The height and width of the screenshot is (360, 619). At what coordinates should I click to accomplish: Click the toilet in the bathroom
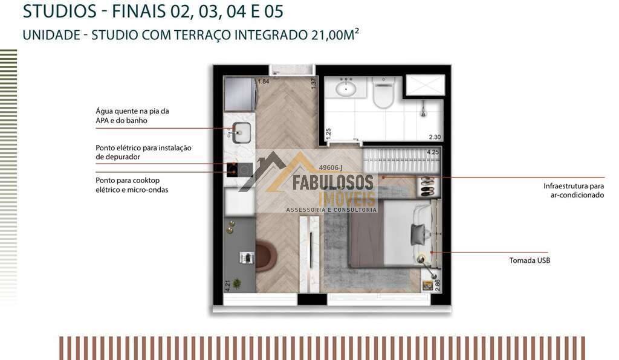click(383, 93)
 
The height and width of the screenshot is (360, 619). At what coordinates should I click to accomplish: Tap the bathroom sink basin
click(346, 88)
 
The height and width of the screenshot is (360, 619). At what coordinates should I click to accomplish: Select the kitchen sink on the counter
click(241, 132)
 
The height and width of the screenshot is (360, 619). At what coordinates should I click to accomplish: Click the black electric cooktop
click(239, 170)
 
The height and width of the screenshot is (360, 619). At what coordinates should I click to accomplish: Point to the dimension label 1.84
click(263, 82)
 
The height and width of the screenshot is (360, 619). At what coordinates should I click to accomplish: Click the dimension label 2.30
click(435, 137)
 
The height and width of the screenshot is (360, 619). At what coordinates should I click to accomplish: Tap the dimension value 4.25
click(433, 152)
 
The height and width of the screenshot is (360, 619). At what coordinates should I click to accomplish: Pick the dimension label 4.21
click(227, 286)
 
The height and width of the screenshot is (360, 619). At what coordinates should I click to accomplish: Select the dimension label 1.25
click(328, 134)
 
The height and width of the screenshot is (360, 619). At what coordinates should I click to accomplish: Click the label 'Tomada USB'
click(530, 260)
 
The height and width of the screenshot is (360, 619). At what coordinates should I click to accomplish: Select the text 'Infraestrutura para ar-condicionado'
click(574, 190)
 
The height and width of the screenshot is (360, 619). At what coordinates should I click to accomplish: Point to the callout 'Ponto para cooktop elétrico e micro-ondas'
click(132, 185)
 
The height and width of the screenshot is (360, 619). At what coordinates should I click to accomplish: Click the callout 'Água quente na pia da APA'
click(132, 115)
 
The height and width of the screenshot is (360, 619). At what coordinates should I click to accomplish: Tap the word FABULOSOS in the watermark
click(333, 182)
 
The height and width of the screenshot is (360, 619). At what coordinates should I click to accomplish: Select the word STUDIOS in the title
click(60, 11)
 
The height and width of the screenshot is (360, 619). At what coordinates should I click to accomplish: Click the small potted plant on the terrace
click(237, 283)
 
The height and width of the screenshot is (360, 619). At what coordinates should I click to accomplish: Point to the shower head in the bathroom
click(423, 109)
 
